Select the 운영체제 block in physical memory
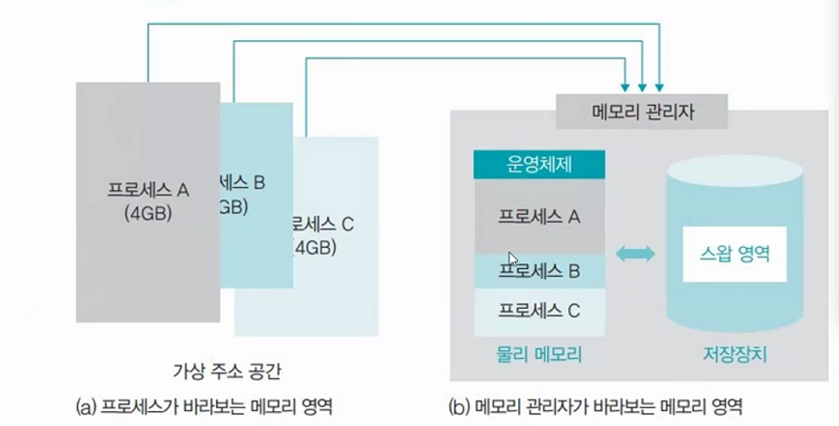pyautogui.click(x=539, y=164)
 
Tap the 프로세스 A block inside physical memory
pyautogui.click(x=539, y=216)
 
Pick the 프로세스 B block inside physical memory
pyautogui.click(x=539, y=271)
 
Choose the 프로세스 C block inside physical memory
pyautogui.click(x=539, y=311)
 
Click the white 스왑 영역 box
pyautogui.click(x=734, y=254)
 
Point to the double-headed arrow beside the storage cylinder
pyautogui.click(x=634, y=254)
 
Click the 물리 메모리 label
pyautogui.click(x=539, y=355)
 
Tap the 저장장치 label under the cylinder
pyautogui.click(x=734, y=355)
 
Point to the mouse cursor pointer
pyautogui.click(x=513, y=259)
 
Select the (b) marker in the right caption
pyautogui.click(x=460, y=406)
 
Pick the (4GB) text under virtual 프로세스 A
pyautogui.click(x=148, y=212)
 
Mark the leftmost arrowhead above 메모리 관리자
pyautogui.click(x=625, y=87)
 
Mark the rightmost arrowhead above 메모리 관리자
pyautogui.click(x=659, y=87)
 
